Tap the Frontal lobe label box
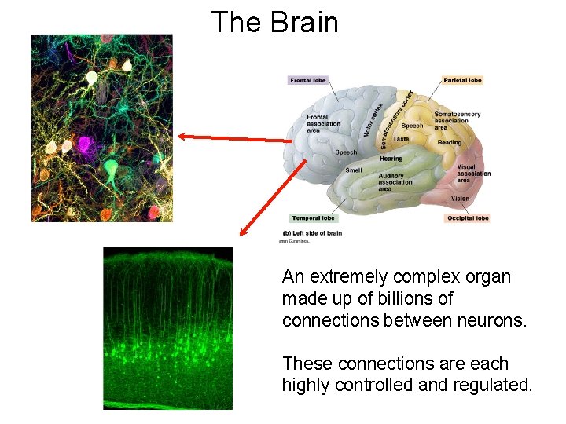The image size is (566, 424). click(x=308, y=80)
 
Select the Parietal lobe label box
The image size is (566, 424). click(x=462, y=80)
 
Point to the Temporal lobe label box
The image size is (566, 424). click(x=313, y=218)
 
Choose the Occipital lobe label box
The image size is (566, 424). click(x=468, y=218)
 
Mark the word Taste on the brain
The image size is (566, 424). click(x=401, y=139)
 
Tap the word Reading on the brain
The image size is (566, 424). click(x=450, y=142)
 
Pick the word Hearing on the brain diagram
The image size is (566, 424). click(x=391, y=159)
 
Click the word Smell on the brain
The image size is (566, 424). click(x=354, y=170)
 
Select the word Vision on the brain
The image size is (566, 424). click(x=460, y=199)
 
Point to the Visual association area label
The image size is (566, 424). click(x=473, y=174)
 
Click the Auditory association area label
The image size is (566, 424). click(x=395, y=182)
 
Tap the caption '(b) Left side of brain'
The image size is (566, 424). click(x=312, y=233)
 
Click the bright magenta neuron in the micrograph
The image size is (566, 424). click(x=85, y=144)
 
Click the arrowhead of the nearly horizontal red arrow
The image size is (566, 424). click(x=181, y=136)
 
